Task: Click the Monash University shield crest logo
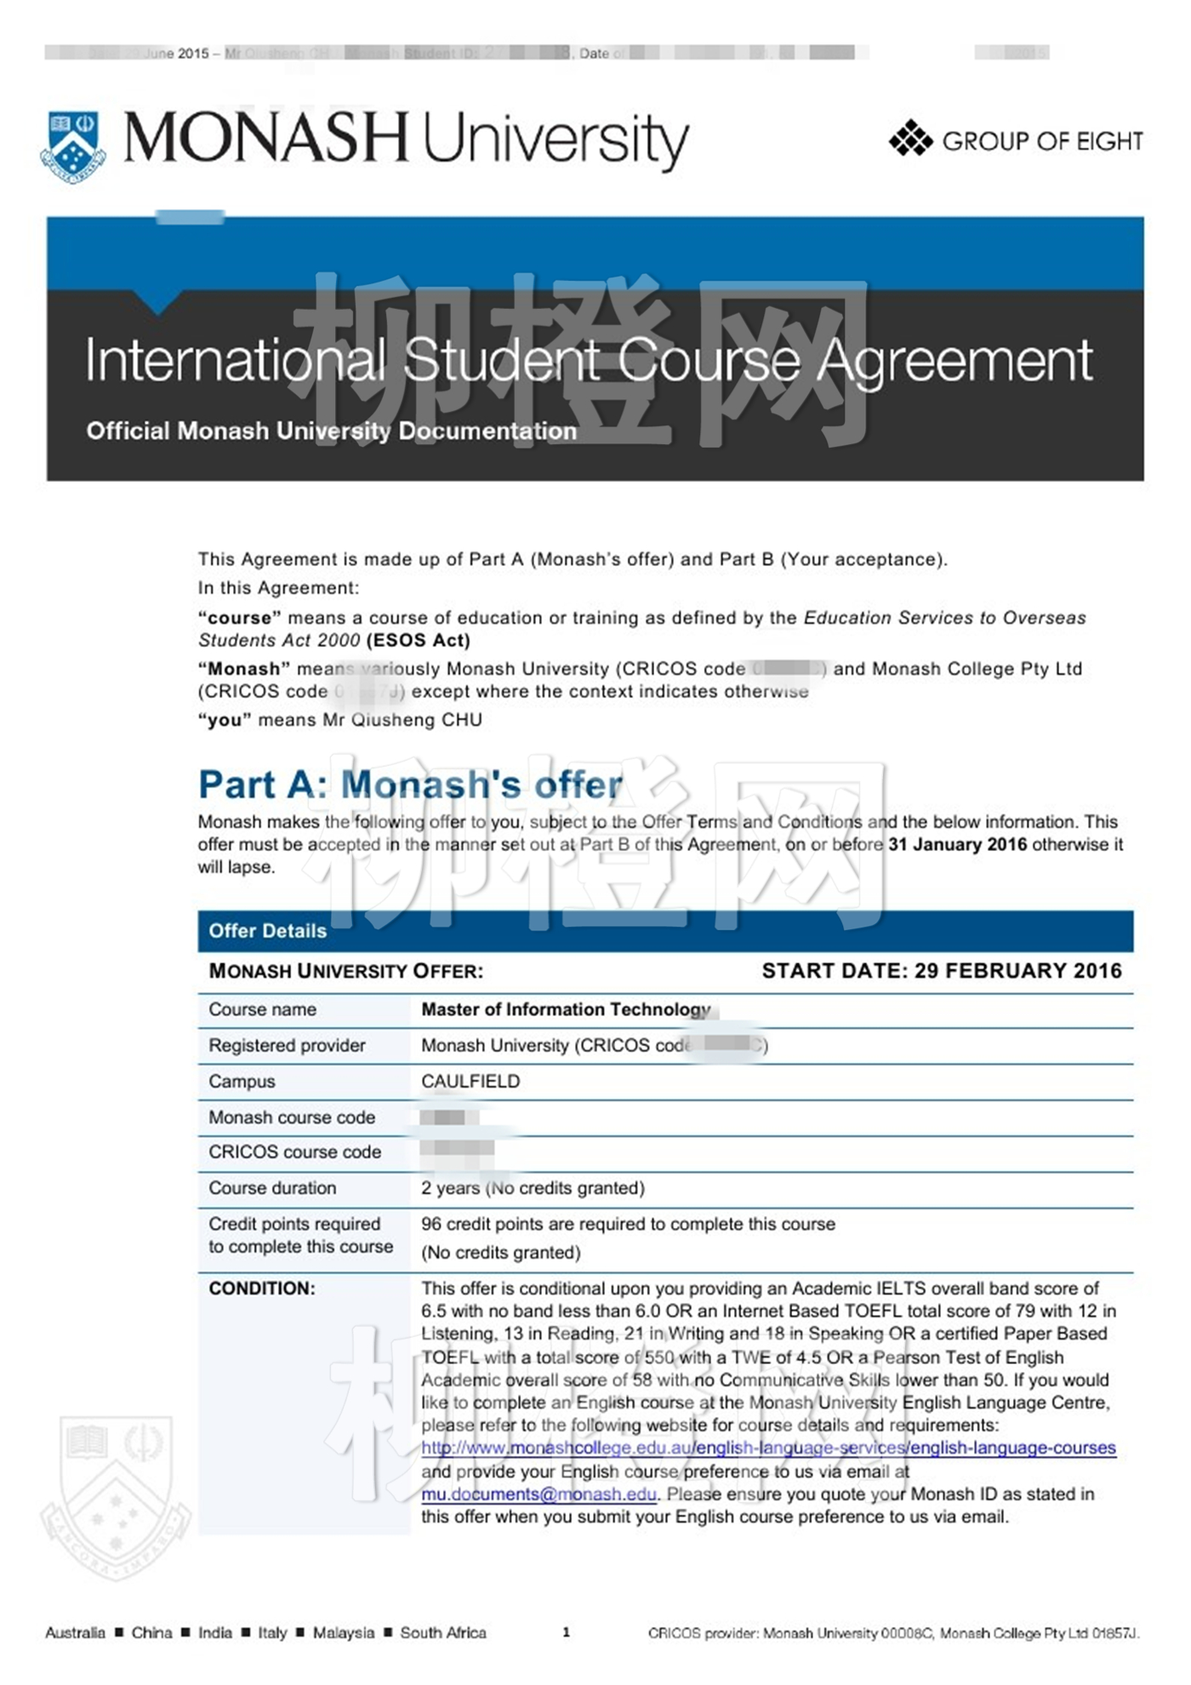pos(73,145)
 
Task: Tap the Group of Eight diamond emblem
pos(910,139)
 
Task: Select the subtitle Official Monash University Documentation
pos(331,431)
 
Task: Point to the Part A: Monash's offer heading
pos(410,785)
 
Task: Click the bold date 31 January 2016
pos(957,845)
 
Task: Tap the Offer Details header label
pos(267,931)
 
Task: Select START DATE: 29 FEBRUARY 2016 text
pos(941,971)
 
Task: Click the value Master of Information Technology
pos(566,1010)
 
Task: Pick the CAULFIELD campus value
pos(470,1082)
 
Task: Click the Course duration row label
pos(272,1188)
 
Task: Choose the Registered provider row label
pos(287,1046)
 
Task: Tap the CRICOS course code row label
pos(294,1152)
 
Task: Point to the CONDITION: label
pos(262,1288)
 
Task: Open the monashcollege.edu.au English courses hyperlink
pos(768,1448)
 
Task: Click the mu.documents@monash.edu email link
pos(539,1494)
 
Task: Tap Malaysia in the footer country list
pos(343,1633)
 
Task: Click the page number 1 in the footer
pos(566,1632)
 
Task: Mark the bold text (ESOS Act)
pos(418,641)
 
